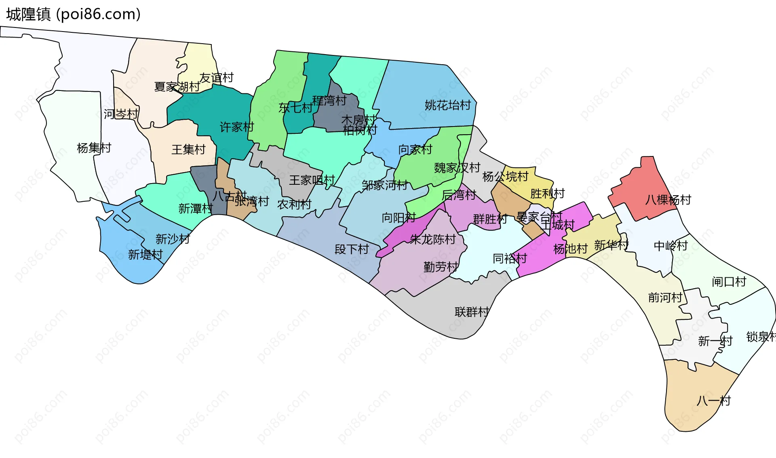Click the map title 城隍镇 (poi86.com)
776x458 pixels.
tap(73, 14)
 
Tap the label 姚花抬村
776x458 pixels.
tap(447, 106)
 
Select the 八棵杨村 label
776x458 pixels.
tap(668, 200)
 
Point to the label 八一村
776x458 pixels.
tap(713, 401)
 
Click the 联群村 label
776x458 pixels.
tap(472, 312)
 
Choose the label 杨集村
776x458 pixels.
tap(94, 148)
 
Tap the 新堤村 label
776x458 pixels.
tap(145, 255)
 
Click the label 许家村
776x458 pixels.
tap(236, 127)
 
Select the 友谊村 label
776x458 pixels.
tap(217, 78)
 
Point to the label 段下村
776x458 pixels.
tap(352, 249)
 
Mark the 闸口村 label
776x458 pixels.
tap(729, 282)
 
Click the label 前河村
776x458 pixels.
tap(665, 298)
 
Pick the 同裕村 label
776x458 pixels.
tap(510, 258)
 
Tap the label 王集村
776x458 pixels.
tap(188, 150)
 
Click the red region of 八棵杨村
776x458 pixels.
tap(639, 190)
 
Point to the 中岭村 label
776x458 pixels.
tap(671, 246)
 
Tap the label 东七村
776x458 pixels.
tap(295, 108)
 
